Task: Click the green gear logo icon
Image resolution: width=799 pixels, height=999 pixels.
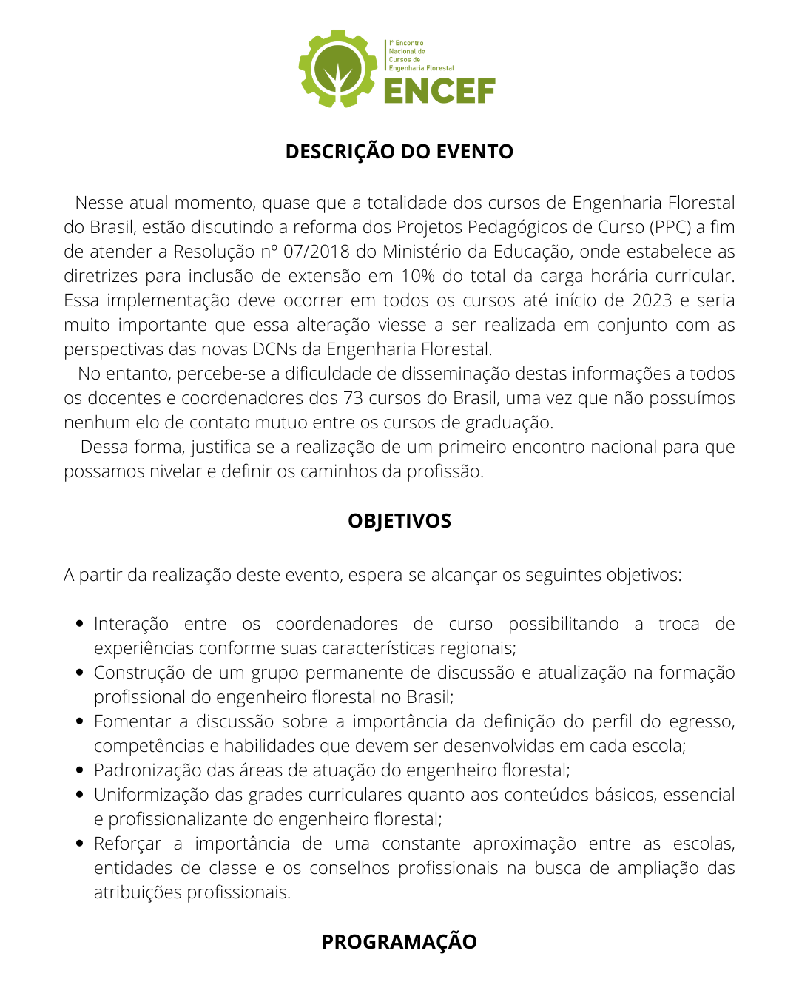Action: point(337,69)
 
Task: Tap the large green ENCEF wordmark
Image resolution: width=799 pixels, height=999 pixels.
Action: point(439,91)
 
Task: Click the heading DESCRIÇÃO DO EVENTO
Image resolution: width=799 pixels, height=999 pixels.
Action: point(399,151)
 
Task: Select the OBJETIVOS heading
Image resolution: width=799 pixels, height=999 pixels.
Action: point(399,520)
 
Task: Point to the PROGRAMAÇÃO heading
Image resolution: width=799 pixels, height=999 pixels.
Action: point(399,941)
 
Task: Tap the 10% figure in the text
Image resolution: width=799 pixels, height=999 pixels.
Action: point(418,276)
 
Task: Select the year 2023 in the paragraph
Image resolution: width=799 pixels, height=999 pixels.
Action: point(652,300)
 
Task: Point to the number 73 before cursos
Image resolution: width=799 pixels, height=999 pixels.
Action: point(353,398)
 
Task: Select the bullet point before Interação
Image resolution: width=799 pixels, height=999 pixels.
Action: point(80,624)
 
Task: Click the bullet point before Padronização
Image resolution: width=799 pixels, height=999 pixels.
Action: point(80,770)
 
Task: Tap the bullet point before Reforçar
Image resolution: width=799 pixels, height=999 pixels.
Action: point(80,844)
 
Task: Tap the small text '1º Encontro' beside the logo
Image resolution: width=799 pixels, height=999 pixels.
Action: point(407,44)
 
